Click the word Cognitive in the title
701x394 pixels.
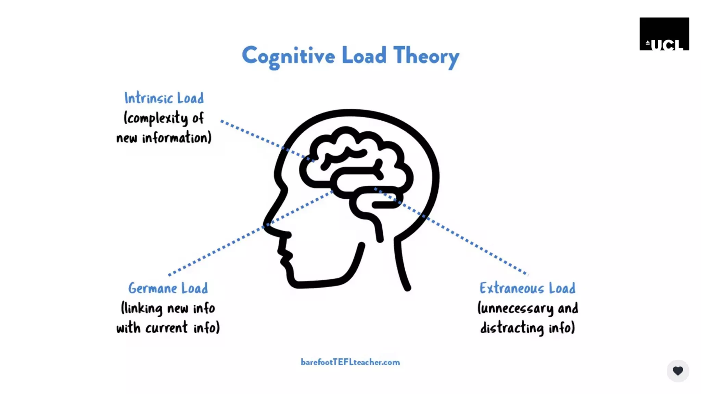click(288, 56)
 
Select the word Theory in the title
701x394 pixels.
click(426, 56)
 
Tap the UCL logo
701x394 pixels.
click(664, 34)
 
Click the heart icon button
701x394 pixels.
click(678, 371)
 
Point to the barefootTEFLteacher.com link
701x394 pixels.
click(350, 362)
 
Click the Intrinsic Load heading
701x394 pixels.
click(164, 98)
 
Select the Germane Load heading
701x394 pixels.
click(168, 288)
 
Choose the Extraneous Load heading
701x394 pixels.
click(527, 288)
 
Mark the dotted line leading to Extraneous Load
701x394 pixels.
click(472, 243)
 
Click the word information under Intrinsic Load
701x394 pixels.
click(176, 138)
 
